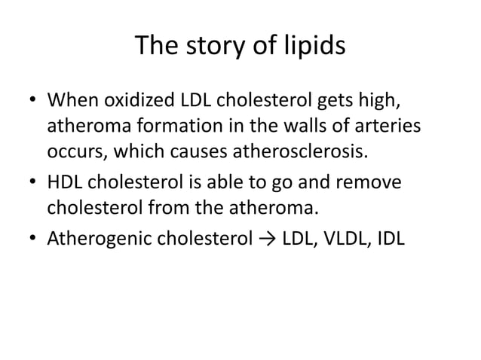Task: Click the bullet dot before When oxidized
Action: [x=32, y=102]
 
